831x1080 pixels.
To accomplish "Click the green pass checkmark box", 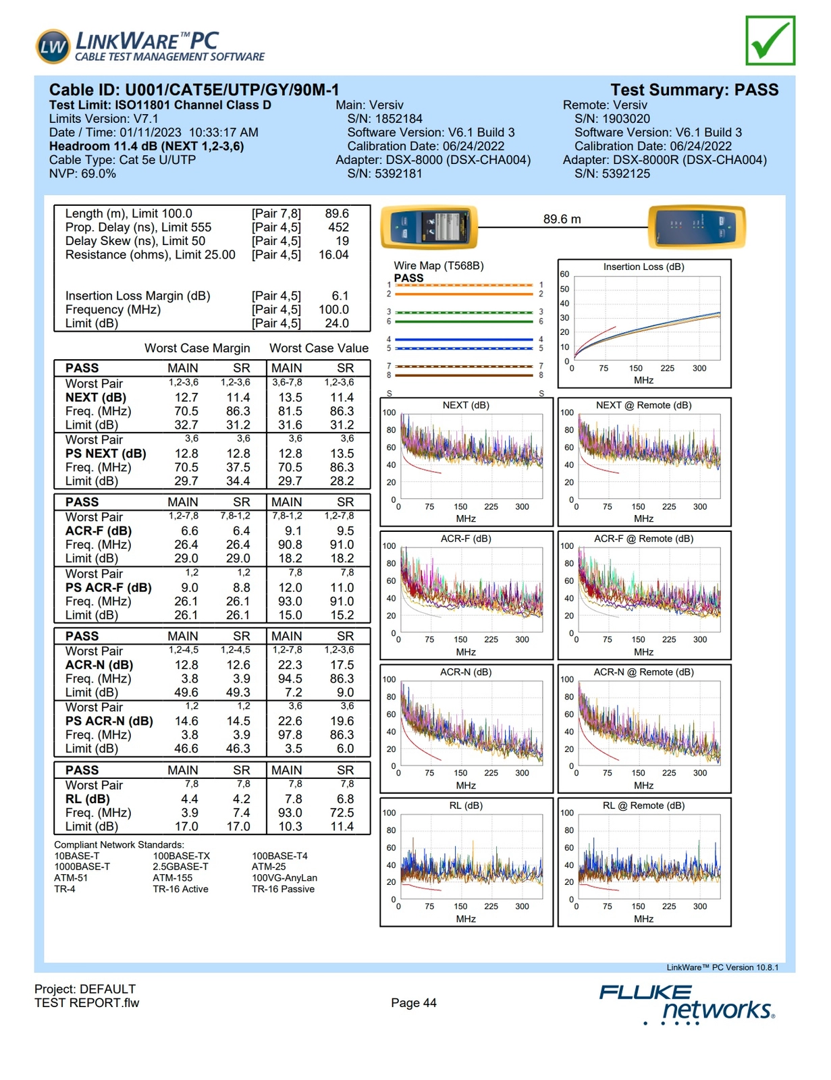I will [770, 41].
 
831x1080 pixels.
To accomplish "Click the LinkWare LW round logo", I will [53, 47].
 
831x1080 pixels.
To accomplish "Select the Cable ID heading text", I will [194, 90].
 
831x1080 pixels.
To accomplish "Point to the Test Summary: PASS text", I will [694, 90].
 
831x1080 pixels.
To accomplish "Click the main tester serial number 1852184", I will [385, 119].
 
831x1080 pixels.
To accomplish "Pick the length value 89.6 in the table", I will [337, 213].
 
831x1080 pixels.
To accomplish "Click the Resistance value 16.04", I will [333, 254].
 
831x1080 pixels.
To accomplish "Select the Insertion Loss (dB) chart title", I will [643, 267].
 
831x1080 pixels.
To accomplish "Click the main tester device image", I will [429, 227].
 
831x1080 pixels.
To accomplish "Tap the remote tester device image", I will [696, 227].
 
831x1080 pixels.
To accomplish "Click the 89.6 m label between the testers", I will [562, 219].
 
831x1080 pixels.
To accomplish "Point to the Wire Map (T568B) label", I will [439, 266].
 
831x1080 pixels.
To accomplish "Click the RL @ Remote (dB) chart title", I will [643, 805].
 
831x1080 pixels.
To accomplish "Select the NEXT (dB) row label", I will [96, 398].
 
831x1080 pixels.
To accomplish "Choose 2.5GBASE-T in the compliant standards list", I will [180, 867].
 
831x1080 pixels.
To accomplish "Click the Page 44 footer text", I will [414, 1002].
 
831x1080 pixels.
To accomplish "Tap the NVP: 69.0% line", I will [82, 173].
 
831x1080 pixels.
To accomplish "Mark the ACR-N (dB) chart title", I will [466, 672].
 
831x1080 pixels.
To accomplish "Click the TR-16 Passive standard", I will [283, 889].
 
